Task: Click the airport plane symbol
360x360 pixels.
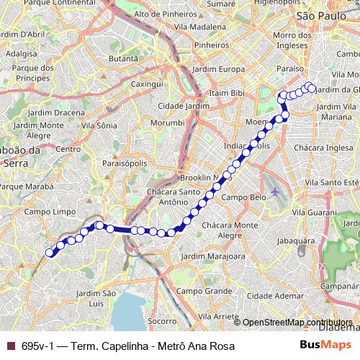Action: click(276, 192)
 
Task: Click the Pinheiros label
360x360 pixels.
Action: click(211, 45)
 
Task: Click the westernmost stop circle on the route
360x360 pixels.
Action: click(50, 252)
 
